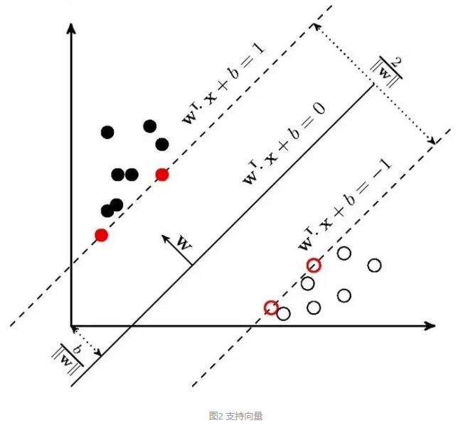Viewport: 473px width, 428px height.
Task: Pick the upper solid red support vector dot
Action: coord(162,175)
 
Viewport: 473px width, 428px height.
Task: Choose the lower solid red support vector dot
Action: coord(102,235)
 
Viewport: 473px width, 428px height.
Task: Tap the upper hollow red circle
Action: coord(314,265)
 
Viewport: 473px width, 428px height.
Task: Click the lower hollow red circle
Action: coord(271,307)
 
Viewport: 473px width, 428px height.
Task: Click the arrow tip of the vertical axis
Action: coord(72,27)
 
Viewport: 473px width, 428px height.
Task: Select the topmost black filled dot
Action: coord(149,126)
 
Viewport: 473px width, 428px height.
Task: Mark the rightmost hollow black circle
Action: coord(374,265)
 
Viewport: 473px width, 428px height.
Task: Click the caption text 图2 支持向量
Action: coord(236,416)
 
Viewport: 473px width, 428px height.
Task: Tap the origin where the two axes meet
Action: coord(72,326)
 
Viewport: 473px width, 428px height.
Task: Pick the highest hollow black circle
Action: coord(344,253)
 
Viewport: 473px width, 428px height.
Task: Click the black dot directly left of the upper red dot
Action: coord(132,175)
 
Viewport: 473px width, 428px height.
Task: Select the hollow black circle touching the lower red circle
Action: coord(284,313)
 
